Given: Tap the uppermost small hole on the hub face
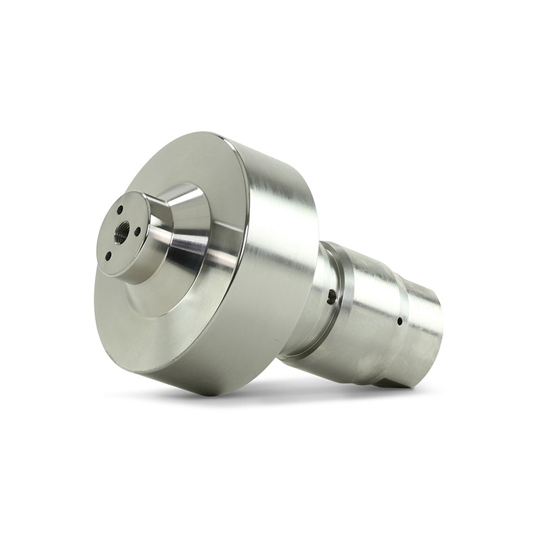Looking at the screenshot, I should [120, 210].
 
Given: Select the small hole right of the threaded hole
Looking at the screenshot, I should [138, 231].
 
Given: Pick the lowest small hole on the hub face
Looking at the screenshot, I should [108, 255].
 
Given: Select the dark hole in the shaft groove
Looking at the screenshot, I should [330, 295].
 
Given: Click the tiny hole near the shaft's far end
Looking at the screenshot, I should [400, 320].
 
